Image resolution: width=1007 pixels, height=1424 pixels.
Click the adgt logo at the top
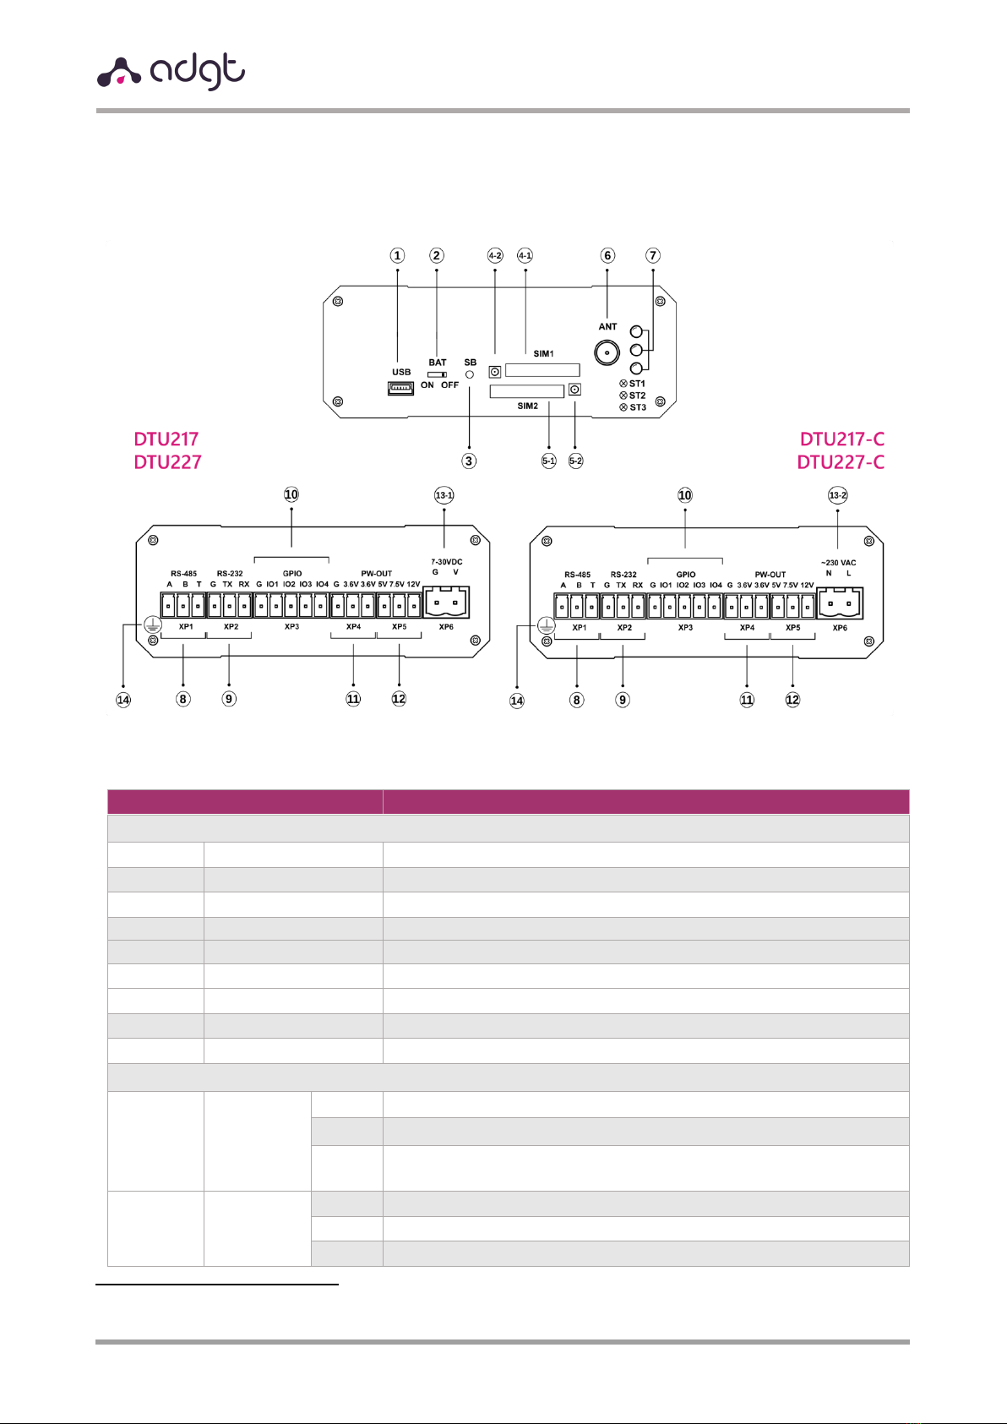click(171, 72)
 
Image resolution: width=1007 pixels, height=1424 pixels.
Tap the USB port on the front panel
click(401, 388)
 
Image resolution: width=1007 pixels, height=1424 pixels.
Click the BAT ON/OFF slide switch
click(438, 374)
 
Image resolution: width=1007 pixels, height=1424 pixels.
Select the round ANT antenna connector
click(607, 352)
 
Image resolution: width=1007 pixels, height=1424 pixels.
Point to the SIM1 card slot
click(542, 369)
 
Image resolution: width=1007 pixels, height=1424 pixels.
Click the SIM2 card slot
click(527, 391)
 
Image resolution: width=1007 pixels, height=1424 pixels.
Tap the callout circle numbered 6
click(607, 255)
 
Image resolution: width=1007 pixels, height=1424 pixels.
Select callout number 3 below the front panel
click(469, 461)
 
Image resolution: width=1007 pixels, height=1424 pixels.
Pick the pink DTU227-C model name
click(841, 462)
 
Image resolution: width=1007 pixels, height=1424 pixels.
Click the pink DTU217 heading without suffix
click(166, 439)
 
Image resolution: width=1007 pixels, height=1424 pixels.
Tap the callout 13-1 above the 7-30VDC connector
click(444, 495)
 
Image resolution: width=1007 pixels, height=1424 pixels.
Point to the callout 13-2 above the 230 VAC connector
click(837, 495)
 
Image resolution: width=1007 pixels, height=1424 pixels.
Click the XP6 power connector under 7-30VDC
click(446, 603)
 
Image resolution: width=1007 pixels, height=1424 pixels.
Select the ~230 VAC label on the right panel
click(838, 563)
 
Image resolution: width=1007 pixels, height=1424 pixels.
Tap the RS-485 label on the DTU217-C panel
click(578, 575)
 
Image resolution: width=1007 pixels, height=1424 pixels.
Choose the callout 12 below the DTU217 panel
click(399, 699)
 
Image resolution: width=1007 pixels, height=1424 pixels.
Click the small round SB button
click(470, 374)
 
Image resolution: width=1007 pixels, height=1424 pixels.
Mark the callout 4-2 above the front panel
click(495, 255)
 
